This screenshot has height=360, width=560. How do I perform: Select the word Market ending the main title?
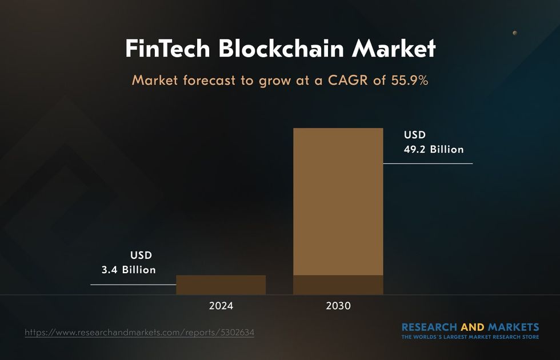394,49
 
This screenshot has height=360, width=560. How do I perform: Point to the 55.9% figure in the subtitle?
409,81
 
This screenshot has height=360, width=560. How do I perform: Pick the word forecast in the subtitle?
209,81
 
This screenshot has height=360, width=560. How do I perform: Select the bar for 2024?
221,285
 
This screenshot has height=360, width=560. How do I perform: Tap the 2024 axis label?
221,306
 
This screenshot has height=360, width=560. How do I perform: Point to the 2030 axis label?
338,306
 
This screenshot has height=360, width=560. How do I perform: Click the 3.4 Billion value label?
129,270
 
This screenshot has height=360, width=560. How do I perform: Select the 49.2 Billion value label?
434,150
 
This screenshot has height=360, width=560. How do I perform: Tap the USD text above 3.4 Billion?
141,255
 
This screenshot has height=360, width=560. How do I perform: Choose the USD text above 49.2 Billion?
415,135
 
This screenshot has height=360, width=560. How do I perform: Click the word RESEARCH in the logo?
429,327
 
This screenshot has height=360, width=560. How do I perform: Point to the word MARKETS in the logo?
513,327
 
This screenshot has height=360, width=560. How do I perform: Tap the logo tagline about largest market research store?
470,337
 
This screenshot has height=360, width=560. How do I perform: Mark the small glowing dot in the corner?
515,33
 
